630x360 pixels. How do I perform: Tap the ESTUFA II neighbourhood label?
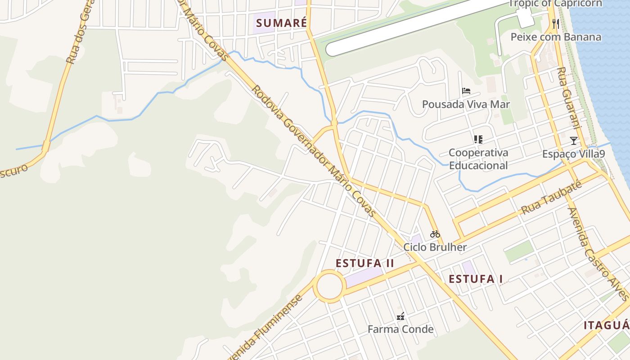364,263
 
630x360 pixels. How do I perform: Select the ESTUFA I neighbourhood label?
476,279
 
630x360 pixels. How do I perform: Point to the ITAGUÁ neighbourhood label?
606,325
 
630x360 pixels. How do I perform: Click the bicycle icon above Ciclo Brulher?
435,234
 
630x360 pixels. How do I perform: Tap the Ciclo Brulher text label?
435,247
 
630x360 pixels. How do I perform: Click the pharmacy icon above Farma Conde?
400,316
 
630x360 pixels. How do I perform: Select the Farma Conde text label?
400,329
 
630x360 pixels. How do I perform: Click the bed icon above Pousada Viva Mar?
466,91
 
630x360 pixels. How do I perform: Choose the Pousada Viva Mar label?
466,104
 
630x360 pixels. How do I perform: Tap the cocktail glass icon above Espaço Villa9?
573,141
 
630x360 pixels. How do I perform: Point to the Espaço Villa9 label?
573,154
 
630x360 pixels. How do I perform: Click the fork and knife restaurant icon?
556,23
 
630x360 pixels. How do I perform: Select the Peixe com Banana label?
556,37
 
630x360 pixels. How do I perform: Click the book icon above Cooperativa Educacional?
478,139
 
